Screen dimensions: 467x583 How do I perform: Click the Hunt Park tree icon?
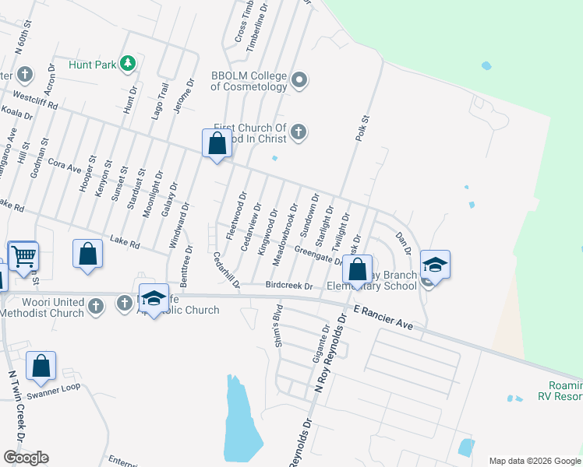(127, 64)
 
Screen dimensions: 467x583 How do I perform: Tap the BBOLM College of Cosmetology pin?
(299, 79)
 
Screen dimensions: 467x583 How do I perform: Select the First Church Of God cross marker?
(298, 134)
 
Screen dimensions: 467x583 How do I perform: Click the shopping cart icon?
(23, 255)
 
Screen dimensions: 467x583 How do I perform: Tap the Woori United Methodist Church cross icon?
(95, 304)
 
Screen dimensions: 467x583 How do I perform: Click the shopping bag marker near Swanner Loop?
(41, 365)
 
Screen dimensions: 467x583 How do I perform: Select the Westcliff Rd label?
(36, 101)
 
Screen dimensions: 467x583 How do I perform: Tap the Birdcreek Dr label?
(288, 286)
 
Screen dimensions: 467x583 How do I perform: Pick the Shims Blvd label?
(276, 326)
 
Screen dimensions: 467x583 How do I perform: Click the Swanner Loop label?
(53, 387)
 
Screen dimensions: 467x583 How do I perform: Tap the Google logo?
(26, 457)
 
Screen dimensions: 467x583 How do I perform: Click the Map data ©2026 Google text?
(534, 460)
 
